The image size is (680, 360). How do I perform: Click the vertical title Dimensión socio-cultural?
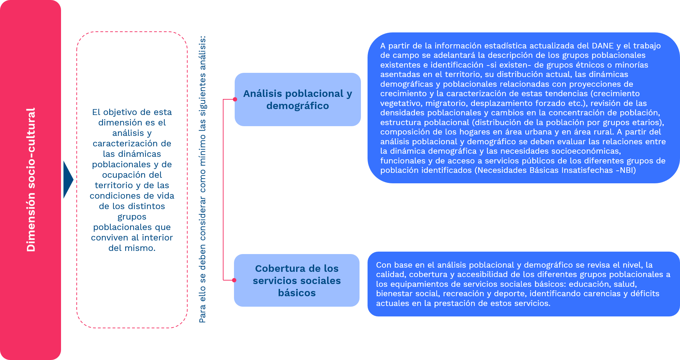(x=31, y=180)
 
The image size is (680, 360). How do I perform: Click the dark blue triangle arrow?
(x=68, y=180)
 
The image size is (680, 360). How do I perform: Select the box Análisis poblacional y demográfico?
(x=297, y=99)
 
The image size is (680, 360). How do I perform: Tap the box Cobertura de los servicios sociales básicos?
(x=297, y=280)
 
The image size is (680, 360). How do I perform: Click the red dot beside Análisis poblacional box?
(x=235, y=99)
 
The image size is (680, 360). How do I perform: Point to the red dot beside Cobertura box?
(x=234, y=280)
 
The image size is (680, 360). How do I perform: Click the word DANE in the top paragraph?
(x=603, y=46)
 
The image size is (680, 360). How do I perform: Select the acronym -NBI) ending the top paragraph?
(x=626, y=170)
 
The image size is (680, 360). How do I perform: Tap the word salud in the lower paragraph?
(x=624, y=284)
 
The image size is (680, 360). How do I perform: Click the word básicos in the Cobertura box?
(x=297, y=293)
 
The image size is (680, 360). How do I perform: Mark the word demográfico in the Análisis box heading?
(x=297, y=106)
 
